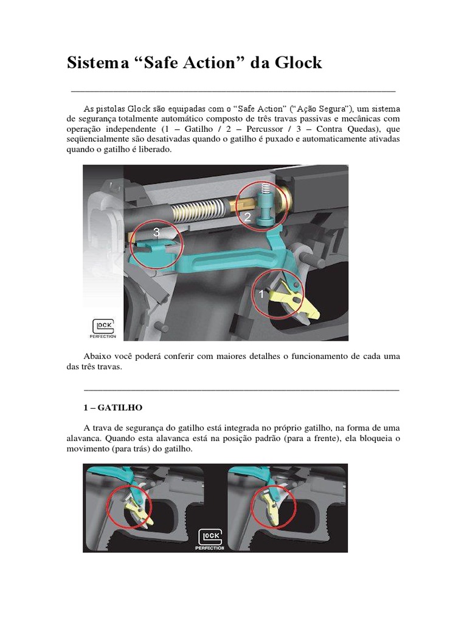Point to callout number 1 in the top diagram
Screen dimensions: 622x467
click(x=261, y=294)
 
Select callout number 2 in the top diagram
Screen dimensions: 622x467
click(x=248, y=216)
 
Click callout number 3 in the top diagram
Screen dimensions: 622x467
click(x=156, y=232)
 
